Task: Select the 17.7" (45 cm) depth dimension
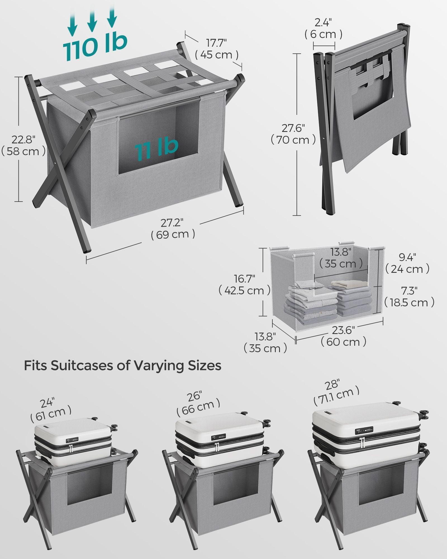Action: click(217, 49)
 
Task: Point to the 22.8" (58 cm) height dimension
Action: click(23, 146)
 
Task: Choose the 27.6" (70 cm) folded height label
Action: click(293, 134)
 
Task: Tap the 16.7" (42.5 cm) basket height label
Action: click(244, 285)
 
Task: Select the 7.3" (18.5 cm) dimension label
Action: click(409, 297)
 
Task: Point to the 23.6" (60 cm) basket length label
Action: click(343, 336)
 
